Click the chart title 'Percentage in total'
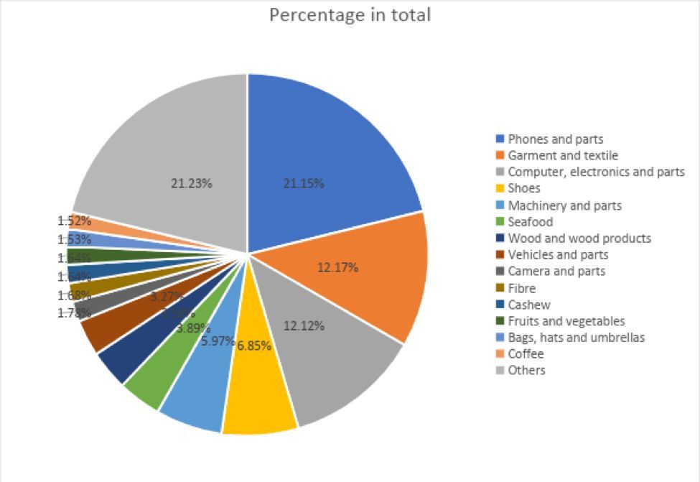(x=350, y=15)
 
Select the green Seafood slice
(x=154, y=384)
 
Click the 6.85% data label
(x=254, y=346)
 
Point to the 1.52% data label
(x=74, y=221)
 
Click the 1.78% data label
(x=74, y=312)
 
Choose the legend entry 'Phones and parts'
(x=555, y=139)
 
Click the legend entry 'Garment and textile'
(x=562, y=155)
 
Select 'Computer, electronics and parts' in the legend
(x=596, y=172)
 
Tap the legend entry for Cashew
(x=528, y=305)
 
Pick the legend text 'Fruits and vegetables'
(x=566, y=321)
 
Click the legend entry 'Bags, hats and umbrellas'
(x=576, y=338)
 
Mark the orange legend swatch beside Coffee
(x=500, y=354)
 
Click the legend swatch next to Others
(x=500, y=371)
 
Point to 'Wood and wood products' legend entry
(x=579, y=238)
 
